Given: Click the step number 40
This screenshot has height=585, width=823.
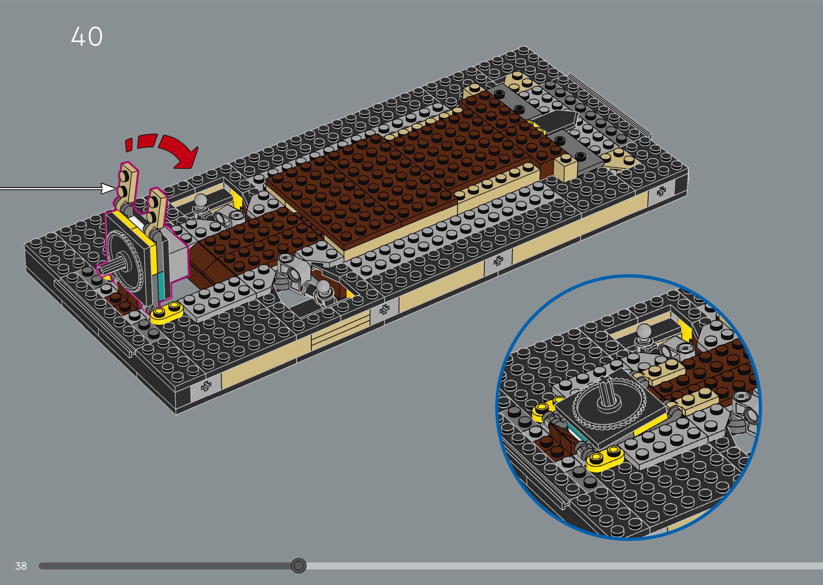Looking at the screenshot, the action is (x=87, y=36).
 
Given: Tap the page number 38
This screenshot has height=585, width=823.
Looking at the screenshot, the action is (x=21, y=566).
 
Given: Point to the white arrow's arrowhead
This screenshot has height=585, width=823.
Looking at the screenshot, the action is (x=108, y=188).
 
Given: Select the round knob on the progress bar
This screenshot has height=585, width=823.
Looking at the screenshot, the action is (x=298, y=566).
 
